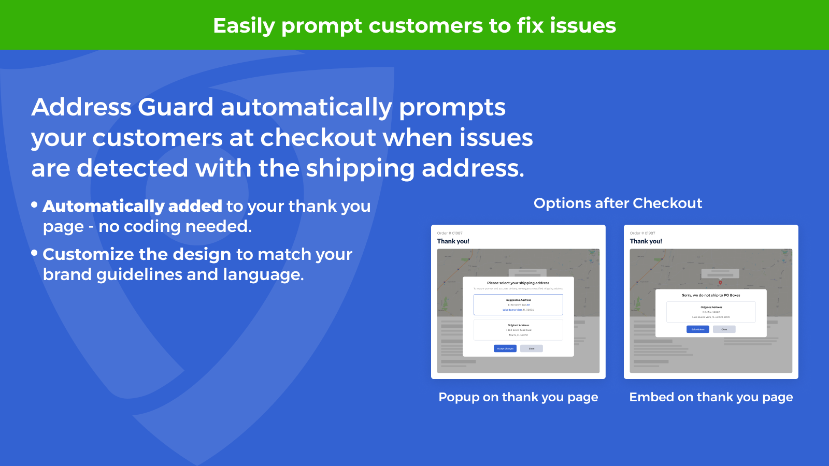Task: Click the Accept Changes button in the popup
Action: pyautogui.click(x=505, y=348)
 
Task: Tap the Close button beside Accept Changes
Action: pyautogui.click(x=532, y=348)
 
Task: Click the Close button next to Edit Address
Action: pyautogui.click(x=724, y=329)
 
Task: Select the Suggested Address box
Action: pyautogui.click(x=518, y=304)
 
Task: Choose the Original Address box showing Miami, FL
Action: pyautogui.click(x=518, y=330)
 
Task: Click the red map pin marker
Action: pyautogui.click(x=720, y=282)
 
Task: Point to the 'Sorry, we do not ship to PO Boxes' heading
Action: pyautogui.click(x=711, y=295)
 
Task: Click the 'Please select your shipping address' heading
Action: pyautogui.click(x=518, y=283)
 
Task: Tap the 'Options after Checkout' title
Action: pyautogui.click(x=618, y=203)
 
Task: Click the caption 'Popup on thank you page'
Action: pyautogui.click(x=518, y=397)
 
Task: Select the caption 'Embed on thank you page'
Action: pyautogui.click(x=711, y=397)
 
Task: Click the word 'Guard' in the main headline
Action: pyautogui.click(x=176, y=107)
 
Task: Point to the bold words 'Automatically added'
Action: pyautogui.click(x=132, y=206)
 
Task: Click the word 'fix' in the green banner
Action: pyautogui.click(x=530, y=25)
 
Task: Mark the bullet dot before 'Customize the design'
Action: pyautogui.click(x=35, y=253)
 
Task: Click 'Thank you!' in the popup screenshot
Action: pyautogui.click(x=453, y=241)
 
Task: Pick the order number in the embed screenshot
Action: pyautogui.click(x=642, y=234)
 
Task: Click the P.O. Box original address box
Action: pyautogui.click(x=711, y=312)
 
